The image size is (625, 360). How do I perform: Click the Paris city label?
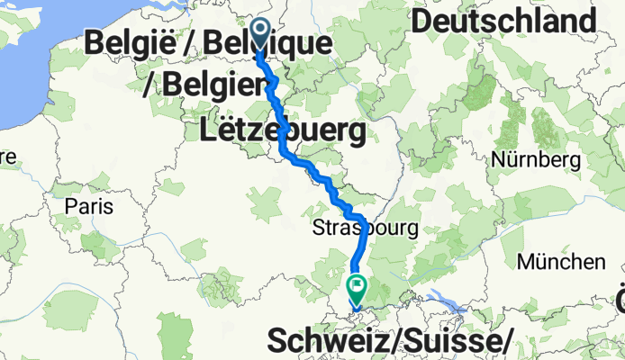click(x=89, y=206)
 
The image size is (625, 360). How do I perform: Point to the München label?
click(x=561, y=262)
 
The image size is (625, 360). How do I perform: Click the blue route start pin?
click(x=261, y=34)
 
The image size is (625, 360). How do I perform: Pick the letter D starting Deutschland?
click(x=424, y=22)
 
